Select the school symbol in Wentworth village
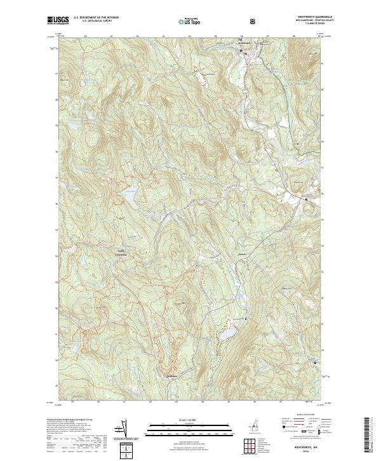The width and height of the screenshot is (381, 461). pos(241,50)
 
